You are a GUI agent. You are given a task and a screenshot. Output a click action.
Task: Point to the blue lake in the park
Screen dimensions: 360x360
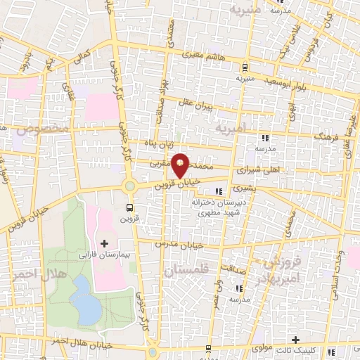coord(85,299)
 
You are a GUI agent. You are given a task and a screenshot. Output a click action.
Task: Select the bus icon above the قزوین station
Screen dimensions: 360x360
coord(129,207)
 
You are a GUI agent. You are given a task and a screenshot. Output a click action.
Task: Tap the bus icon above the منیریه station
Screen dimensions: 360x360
coord(244,67)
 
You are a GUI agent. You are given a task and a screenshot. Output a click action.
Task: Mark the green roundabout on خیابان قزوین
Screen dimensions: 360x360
coord(129,186)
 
